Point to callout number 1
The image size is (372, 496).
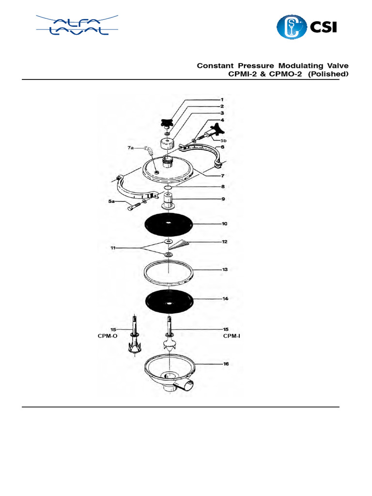222,99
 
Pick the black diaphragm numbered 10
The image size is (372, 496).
169,224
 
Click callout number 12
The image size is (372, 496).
224,241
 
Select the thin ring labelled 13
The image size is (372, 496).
169,271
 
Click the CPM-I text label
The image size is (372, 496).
232,335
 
